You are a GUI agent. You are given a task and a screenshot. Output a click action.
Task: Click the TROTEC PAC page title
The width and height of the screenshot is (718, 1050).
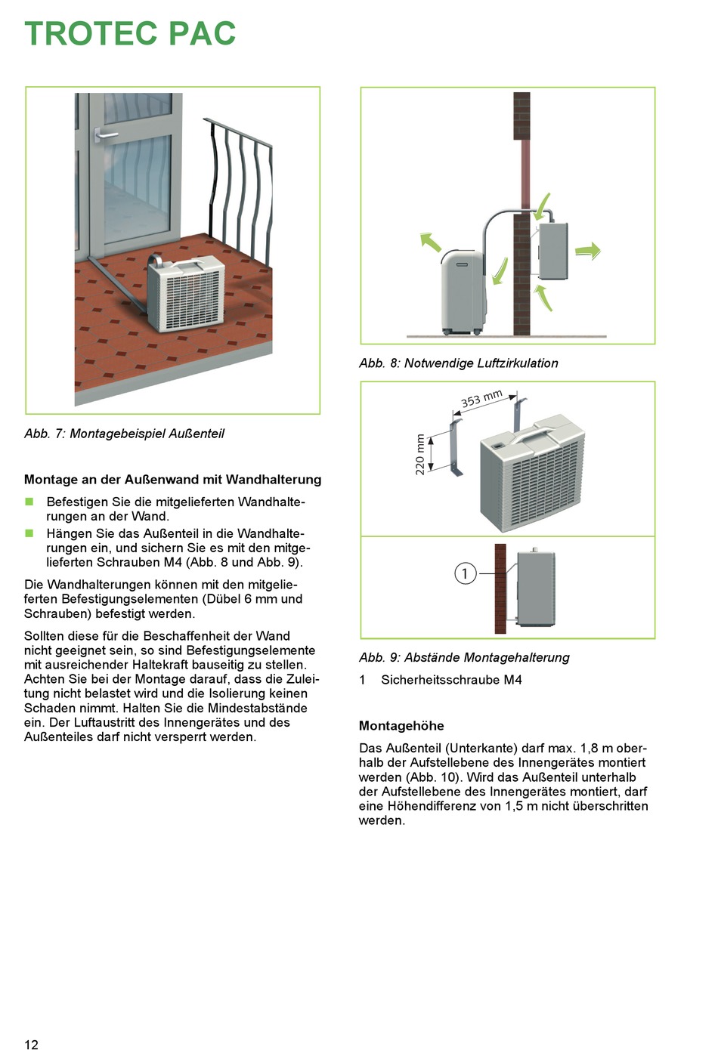coord(130,34)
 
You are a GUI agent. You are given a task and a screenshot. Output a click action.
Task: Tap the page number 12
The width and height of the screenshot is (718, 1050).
coord(31,1044)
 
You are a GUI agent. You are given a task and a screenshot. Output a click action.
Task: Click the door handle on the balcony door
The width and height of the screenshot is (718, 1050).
coord(104,135)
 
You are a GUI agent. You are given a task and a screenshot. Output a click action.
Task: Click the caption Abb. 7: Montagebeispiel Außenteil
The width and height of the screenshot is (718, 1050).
coord(124,434)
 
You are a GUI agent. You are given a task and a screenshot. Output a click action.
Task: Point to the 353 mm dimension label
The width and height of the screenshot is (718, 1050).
coord(481,398)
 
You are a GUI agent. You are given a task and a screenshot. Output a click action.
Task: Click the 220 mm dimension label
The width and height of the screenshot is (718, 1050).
coord(420,454)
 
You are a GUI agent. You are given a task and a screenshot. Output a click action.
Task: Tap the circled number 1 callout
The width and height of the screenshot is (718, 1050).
coord(465,573)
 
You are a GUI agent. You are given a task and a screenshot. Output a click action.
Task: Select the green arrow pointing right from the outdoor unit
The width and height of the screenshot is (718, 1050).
coord(588,251)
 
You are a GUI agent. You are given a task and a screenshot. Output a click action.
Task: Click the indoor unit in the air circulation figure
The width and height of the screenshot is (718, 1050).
coord(463,292)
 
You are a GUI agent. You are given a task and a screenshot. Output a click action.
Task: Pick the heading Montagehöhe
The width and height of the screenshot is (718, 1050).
coord(401,726)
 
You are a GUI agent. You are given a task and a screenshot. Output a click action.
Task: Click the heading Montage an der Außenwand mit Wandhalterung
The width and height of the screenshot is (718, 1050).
coord(172,480)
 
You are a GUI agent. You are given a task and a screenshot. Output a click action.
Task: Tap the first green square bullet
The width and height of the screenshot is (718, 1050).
coord(29,502)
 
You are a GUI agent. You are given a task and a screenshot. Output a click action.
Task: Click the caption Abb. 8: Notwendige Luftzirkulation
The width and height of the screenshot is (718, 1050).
coord(458,363)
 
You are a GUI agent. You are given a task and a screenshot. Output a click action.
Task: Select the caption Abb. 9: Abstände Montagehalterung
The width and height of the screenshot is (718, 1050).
coord(464,657)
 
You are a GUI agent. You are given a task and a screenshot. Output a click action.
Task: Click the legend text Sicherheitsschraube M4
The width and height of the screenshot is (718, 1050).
coord(451,680)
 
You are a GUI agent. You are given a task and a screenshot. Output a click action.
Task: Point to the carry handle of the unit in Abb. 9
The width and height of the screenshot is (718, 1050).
coord(533,437)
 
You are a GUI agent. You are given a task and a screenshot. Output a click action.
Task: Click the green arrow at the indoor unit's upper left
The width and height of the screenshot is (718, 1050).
coord(430,242)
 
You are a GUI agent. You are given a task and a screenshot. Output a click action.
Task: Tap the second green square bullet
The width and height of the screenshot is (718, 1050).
coord(29,533)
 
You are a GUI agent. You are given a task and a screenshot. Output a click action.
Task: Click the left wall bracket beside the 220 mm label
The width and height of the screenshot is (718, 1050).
coord(455,449)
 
